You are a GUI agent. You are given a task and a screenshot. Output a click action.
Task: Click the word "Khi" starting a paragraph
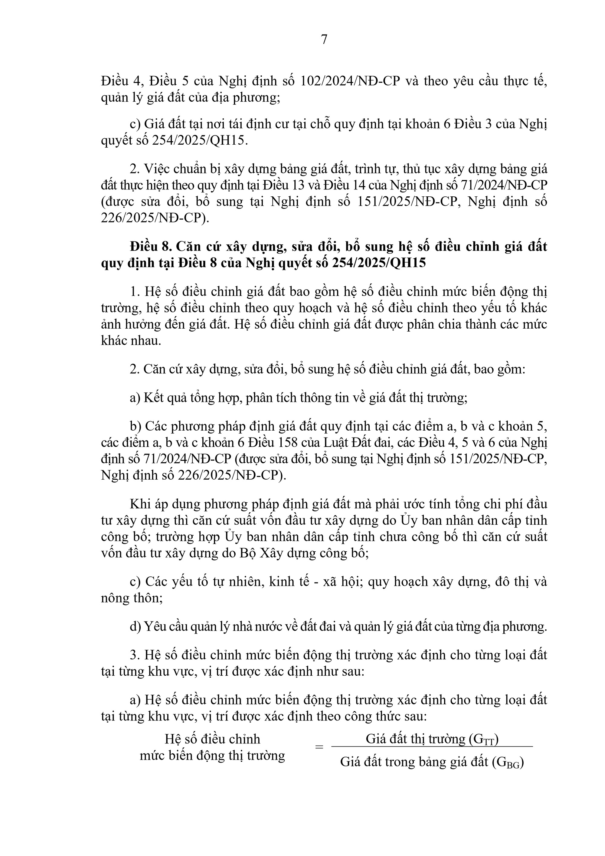click(x=138, y=504)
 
